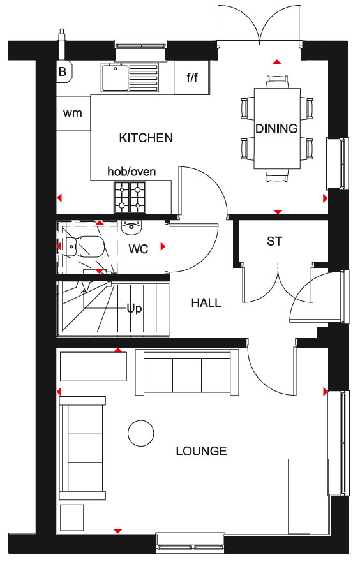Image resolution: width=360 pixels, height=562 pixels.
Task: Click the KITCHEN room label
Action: coord(146,138)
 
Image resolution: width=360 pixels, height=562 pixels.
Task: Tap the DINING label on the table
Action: coord(276,128)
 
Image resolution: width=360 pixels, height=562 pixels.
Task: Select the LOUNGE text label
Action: coord(201,451)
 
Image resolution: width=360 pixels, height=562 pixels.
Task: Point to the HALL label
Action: coord(206,303)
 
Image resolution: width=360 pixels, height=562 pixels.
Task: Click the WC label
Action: coord(139,249)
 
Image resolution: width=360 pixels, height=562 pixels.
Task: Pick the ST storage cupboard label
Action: coord(274,241)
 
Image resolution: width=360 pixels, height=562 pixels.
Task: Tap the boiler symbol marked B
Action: coord(64,71)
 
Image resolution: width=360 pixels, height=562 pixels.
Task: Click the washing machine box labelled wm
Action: coord(73,114)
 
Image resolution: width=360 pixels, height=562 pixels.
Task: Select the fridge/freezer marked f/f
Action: coord(192,77)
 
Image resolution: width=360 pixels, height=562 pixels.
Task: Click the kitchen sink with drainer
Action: coord(130,77)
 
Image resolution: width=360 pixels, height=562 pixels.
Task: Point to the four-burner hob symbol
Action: coord(130,197)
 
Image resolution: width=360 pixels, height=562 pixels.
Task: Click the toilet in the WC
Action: coord(86,246)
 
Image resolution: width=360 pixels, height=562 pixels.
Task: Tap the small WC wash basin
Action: coord(132,228)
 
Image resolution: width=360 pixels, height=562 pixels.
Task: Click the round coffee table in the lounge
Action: coord(141,433)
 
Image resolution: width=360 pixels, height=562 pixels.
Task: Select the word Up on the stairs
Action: coord(134,309)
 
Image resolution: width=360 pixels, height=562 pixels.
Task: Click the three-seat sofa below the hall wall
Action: coord(187,373)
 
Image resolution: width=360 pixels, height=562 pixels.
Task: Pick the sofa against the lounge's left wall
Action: coord(82,448)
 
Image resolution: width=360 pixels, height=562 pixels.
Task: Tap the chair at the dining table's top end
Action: coord(277,82)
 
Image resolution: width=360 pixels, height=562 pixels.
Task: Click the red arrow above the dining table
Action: coord(277,62)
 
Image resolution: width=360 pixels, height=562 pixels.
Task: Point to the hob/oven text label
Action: coord(131,172)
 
